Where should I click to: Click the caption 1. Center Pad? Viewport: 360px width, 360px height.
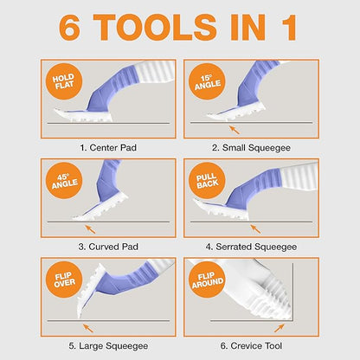108,147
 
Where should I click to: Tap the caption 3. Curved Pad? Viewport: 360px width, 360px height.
108,247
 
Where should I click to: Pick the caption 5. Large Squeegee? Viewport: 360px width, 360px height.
108,345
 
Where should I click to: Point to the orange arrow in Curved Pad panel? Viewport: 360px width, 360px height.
89,228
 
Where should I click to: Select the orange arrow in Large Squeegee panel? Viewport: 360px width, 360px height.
84,327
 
